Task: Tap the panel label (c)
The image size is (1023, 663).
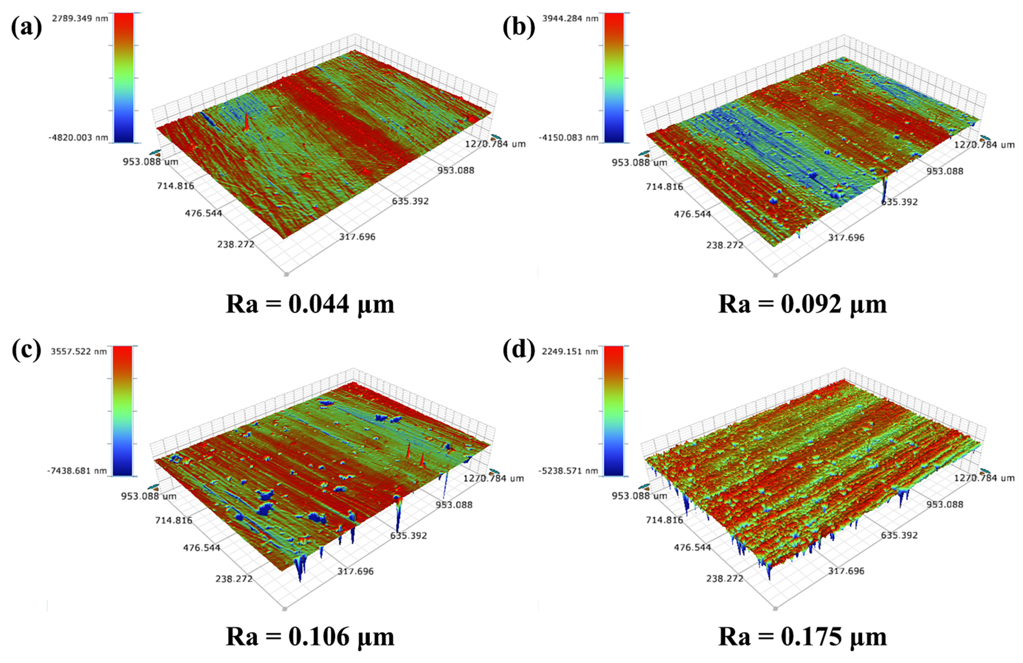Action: [x=26, y=350]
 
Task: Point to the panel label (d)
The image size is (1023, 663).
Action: [x=519, y=350]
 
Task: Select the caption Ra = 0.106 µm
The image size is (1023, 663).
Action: [x=310, y=637]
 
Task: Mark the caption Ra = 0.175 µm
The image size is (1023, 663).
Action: [x=802, y=637]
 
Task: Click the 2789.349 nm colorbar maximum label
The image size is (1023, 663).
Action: [x=80, y=18]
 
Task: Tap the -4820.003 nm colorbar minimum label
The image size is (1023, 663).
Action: [x=78, y=137]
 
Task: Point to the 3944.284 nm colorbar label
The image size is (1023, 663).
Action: [x=570, y=18]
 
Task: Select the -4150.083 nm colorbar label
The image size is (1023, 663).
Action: [x=568, y=137]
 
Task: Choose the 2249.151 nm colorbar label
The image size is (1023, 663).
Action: [x=570, y=352]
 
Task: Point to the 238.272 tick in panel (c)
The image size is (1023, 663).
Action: [x=234, y=578]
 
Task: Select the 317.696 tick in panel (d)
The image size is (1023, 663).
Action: [x=846, y=571]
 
